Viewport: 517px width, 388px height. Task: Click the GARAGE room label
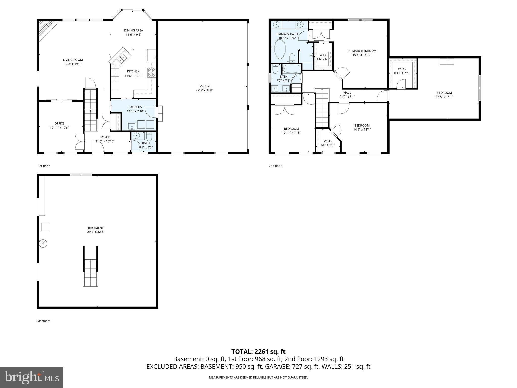pos(204,86)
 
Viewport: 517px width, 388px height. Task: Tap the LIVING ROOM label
pos(73,60)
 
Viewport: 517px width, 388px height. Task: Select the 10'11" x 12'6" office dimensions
pos(59,128)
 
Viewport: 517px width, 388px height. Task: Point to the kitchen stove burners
pos(152,72)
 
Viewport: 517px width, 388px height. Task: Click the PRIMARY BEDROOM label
pos(362,51)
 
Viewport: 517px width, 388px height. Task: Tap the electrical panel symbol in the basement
pos(43,244)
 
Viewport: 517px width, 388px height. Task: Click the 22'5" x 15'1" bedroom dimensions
pos(444,96)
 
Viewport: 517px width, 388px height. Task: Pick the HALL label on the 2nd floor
pos(347,93)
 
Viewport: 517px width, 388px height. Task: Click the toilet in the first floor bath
pos(149,137)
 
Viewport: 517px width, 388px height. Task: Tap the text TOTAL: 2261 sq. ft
pos(258,352)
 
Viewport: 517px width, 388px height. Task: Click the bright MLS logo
pos(32,377)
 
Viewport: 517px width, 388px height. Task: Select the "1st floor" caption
pos(44,166)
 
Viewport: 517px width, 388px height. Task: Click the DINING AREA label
pos(134,30)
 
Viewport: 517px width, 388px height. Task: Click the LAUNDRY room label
pos(135,107)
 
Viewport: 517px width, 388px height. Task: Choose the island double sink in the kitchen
pos(121,58)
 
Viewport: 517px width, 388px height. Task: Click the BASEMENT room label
pos(96,228)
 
